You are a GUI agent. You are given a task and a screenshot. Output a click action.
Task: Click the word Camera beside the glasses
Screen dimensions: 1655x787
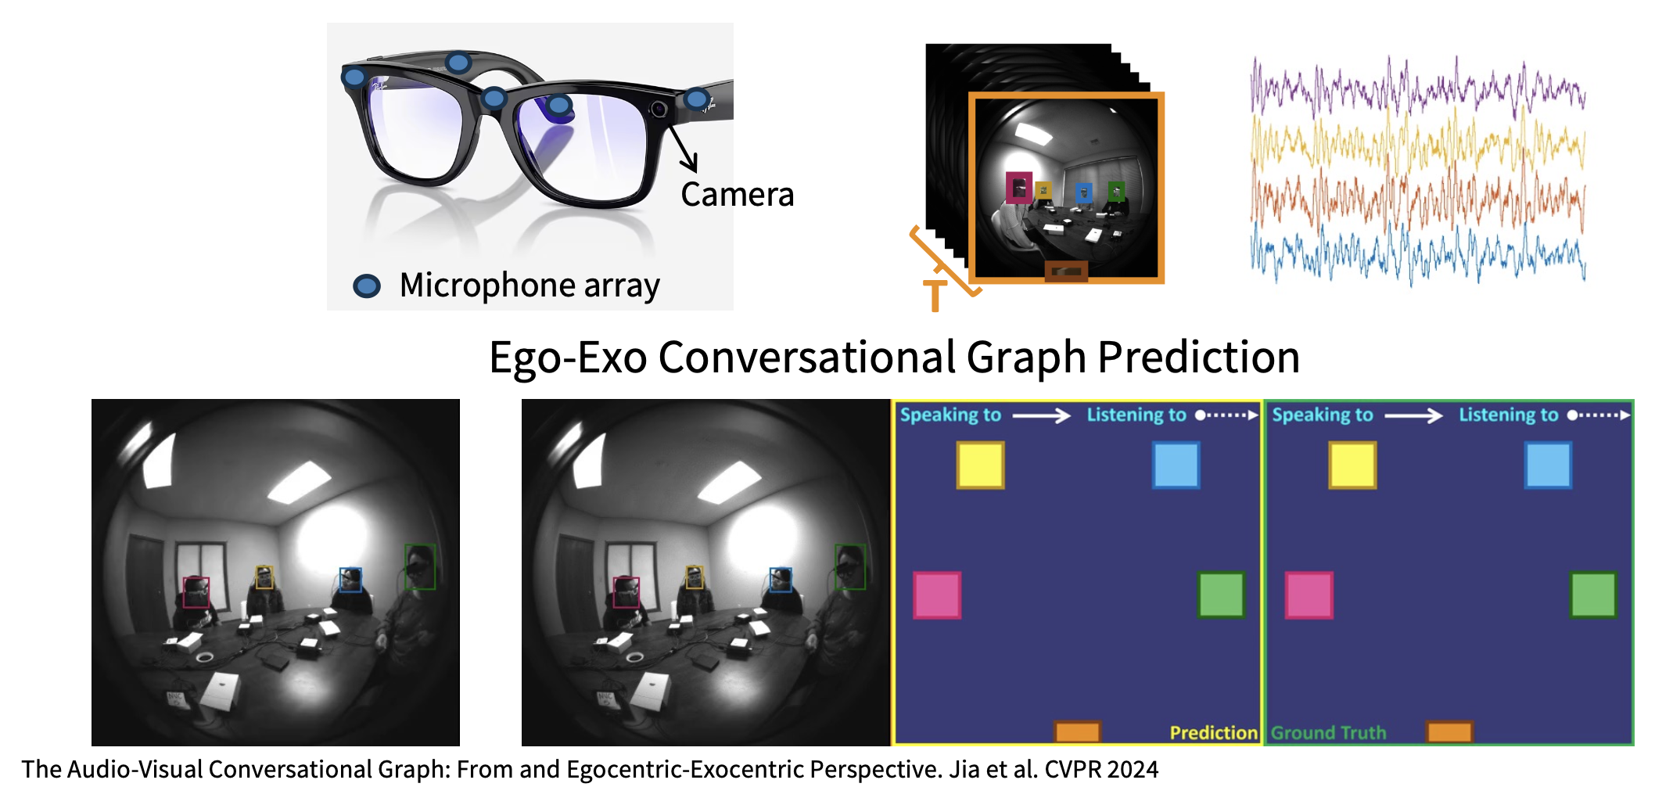pos(737,194)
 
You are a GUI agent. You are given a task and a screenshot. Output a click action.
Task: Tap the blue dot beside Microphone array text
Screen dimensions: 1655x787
pos(367,286)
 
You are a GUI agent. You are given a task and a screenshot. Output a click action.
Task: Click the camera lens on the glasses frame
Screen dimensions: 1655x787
pos(659,109)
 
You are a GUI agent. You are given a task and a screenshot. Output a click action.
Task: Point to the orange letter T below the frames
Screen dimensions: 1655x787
pos(935,296)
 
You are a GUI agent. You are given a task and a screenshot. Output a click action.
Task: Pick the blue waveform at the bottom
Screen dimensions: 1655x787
pos(1417,253)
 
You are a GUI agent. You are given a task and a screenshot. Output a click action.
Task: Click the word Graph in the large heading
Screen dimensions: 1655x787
pos(1026,358)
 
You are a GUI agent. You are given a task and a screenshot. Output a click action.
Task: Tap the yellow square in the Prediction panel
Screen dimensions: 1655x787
pos(980,465)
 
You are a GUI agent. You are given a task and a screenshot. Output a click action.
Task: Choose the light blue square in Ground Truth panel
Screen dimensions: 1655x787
pos(1548,465)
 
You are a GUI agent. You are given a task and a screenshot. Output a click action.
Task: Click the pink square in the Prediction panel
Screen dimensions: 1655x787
pos(937,595)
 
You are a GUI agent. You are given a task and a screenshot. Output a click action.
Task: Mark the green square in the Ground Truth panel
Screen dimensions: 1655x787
pos(1593,595)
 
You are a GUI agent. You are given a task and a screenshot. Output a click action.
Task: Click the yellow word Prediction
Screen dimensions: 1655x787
pos(1213,733)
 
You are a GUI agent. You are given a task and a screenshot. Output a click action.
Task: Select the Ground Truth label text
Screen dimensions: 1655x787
pos(1328,733)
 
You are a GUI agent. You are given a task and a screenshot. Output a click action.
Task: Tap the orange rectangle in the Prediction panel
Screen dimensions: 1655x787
pos(1078,732)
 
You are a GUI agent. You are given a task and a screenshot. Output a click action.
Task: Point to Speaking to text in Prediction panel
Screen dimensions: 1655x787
pos(950,415)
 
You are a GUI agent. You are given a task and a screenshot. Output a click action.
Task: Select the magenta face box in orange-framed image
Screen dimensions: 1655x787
pos(1018,188)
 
